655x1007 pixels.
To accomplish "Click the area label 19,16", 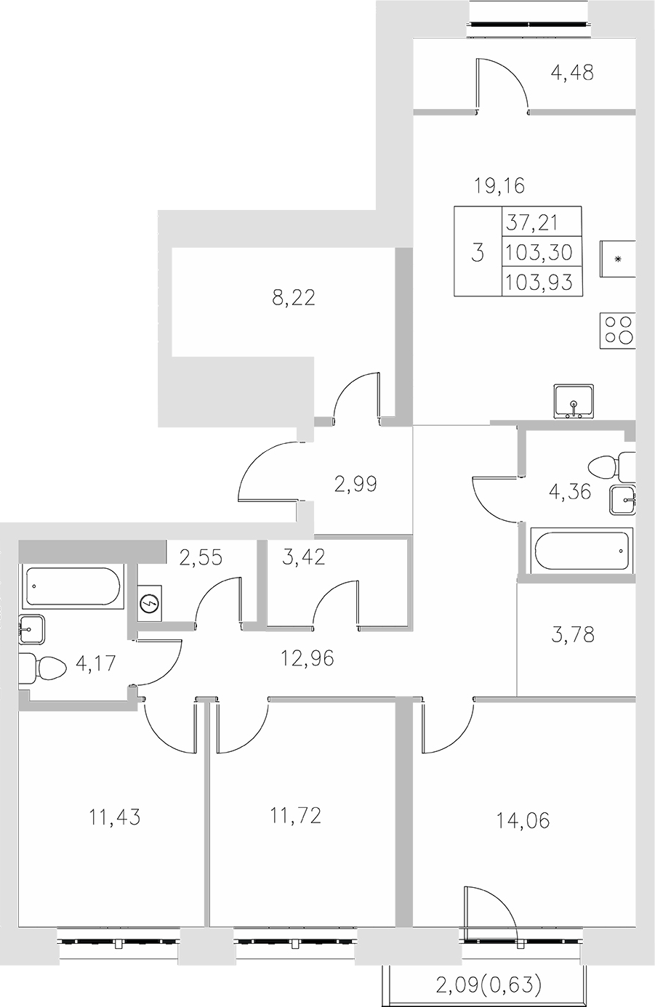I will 499,186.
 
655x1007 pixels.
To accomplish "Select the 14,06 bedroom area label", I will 523,821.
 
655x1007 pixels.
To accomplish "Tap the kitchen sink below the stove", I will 574,400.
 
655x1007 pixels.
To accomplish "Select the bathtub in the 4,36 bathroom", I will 581,550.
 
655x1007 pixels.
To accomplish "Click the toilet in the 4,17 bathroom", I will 36,668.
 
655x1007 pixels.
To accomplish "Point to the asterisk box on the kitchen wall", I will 618,259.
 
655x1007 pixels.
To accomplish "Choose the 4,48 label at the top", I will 572,73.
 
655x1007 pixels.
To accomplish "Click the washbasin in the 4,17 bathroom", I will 33,629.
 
